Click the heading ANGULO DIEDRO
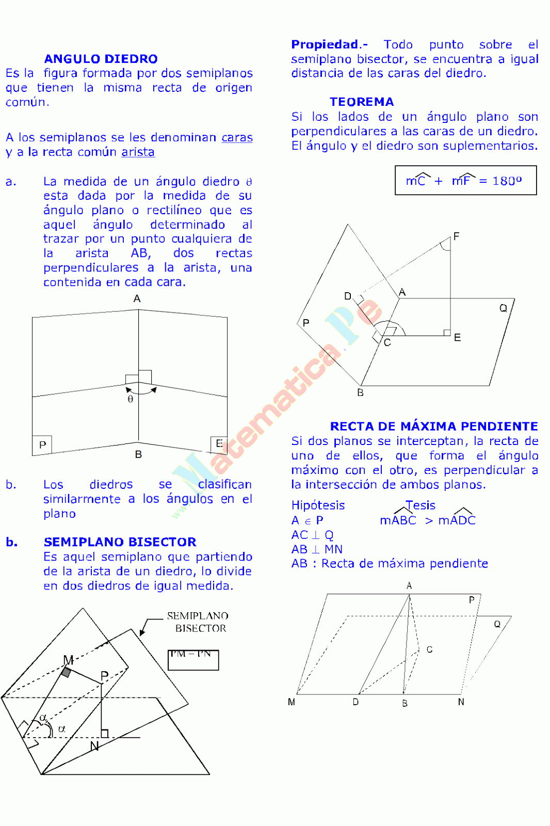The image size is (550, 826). point(101,59)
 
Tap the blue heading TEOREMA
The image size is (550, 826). point(362,102)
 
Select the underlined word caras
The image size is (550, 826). point(237,137)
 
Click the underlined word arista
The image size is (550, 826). point(138,152)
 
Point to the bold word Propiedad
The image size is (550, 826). point(325,44)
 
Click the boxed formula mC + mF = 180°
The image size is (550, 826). point(465,180)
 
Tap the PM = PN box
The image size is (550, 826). point(193,659)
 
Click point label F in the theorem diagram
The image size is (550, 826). point(456,236)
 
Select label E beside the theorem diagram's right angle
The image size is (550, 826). point(457,338)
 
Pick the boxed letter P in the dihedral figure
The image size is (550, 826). point(42,444)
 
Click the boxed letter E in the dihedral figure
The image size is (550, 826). point(219,443)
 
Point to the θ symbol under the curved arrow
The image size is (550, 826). point(131,399)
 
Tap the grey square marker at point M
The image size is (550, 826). point(66,672)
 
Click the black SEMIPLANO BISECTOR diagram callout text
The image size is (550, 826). point(198,622)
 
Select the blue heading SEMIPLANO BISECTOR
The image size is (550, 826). point(120,542)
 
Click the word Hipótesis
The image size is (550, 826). point(318,505)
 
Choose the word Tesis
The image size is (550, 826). point(420,505)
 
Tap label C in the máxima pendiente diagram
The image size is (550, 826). point(429,649)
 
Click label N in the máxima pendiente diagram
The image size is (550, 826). point(461,702)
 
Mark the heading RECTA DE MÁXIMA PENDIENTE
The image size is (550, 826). point(434,426)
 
